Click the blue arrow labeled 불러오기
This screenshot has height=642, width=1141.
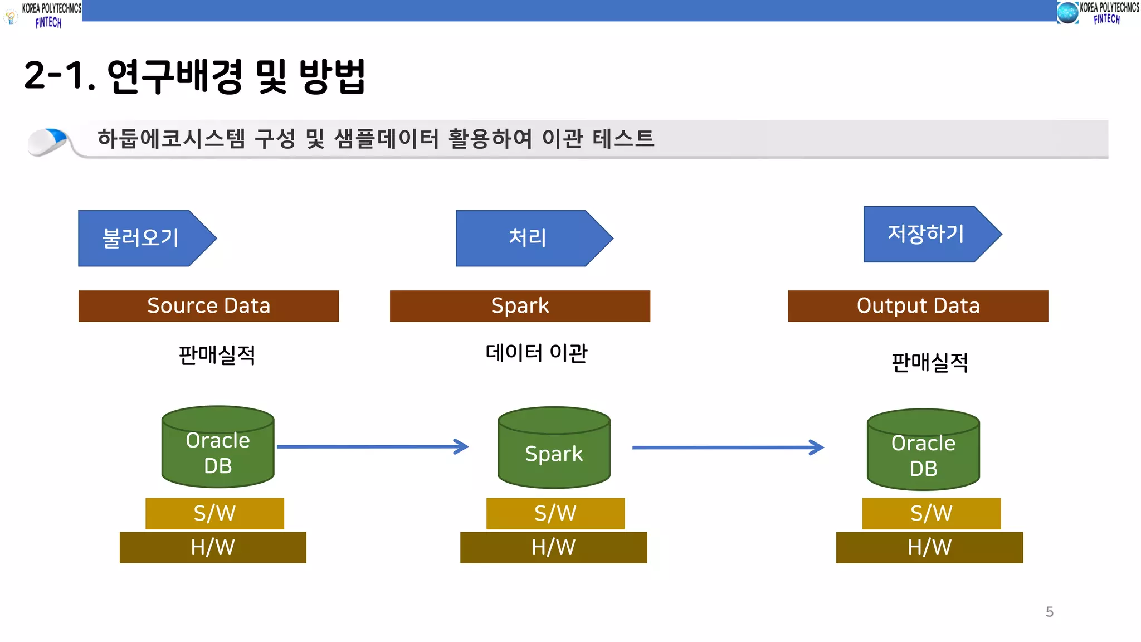coord(142,238)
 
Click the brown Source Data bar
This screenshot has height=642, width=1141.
coord(208,306)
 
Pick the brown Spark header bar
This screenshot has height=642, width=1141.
coord(520,306)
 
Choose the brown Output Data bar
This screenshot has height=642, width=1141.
coord(918,306)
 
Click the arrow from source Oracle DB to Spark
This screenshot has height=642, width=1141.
coord(372,446)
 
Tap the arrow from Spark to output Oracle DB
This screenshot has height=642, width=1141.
coord(727,447)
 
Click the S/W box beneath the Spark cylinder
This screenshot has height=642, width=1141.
coord(555,513)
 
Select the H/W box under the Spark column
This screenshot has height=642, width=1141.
coord(553,547)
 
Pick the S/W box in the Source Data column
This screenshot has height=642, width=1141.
coord(214,513)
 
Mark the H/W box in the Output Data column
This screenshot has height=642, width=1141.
coord(929,547)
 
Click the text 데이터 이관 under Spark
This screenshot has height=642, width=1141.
coord(536,353)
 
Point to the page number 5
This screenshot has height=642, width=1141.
coord(1049,612)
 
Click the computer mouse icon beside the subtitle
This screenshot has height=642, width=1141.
coord(48,141)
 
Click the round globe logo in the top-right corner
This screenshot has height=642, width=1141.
coord(1067,13)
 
